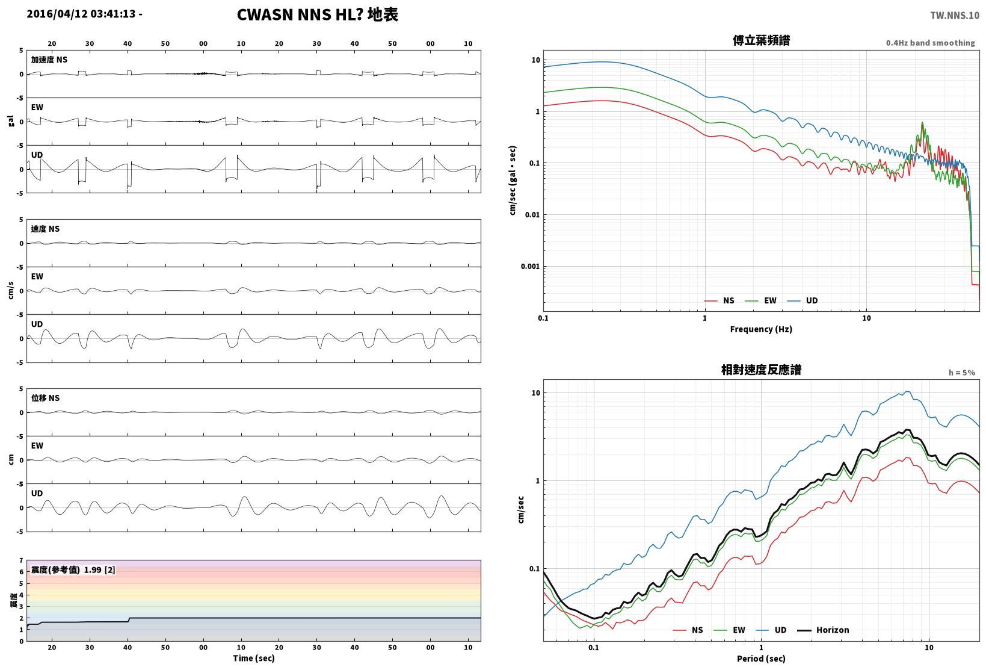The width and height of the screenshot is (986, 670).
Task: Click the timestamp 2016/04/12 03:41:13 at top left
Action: [x=81, y=14]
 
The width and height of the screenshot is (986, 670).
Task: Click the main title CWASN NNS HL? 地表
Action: [x=318, y=14]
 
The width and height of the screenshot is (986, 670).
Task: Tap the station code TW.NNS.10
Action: [x=954, y=16]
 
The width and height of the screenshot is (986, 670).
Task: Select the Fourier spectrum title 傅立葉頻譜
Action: [x=761, y=40]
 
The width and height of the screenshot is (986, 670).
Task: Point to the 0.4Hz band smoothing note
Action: [x=930, y=43]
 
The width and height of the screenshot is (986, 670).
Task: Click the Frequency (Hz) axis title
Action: [x=760, y=329]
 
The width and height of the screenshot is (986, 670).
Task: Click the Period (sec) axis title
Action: [x=760, y=659]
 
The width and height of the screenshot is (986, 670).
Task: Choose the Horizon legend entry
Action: [x=823, y=630]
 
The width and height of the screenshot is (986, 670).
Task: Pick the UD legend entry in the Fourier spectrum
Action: [x=803, y=300]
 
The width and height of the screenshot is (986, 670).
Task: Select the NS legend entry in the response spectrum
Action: [x=688, y=630]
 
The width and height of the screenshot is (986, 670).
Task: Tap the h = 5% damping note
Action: [x=961, y=373]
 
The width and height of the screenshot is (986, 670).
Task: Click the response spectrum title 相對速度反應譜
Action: [x=761, y=370]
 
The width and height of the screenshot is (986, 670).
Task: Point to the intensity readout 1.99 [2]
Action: [x=99, y=569]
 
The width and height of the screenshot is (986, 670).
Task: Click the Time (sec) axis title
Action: [x=253, y=658]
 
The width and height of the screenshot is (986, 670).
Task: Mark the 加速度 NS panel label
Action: [x=49, y=60]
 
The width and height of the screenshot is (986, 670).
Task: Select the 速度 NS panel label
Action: [x=45, y=229]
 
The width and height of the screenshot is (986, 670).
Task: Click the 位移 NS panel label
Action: [x=45, y=398]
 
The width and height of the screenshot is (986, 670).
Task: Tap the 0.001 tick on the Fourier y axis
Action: [x=530, y=267]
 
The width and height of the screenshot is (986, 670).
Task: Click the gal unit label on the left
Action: [x=11, y=121]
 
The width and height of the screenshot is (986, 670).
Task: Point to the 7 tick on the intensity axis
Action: [x=21, y=560]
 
